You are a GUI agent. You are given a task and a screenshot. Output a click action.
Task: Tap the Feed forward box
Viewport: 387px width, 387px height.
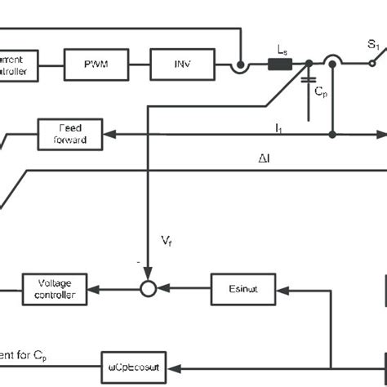[70, 134]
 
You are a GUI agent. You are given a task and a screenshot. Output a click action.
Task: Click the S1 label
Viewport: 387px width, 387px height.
[373, 47]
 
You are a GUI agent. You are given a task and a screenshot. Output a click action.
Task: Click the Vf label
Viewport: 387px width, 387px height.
[166, 241]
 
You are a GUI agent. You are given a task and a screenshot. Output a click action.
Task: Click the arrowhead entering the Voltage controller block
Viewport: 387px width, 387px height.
[92, 289]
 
